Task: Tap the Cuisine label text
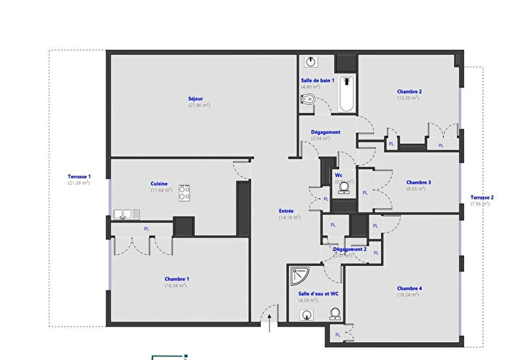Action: point(159,184)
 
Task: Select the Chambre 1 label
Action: point(177,278)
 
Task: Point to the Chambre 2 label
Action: point(409,92)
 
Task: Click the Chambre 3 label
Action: point(419,182)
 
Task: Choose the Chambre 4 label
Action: point(409,288)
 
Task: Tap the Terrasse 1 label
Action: point(79,176)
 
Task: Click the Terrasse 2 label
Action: point(482,197)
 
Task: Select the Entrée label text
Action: point(287,211)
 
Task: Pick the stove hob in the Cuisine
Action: point(184,193)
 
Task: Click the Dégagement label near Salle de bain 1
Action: point(325,132)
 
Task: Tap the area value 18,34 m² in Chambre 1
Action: point(176,286)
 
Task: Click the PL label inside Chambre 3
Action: point(365,192)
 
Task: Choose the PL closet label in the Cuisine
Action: point(147,228)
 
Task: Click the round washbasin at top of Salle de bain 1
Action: point(310,61)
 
